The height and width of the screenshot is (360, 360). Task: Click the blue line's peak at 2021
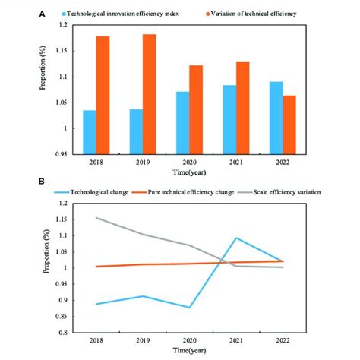pos(237,238)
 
